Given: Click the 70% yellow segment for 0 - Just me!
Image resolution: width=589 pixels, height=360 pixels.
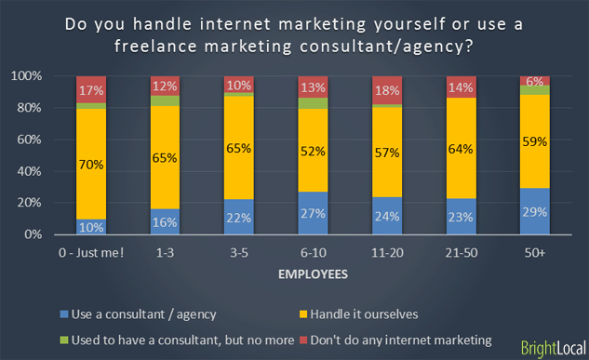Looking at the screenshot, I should pyautogui.click(x=91, y=164).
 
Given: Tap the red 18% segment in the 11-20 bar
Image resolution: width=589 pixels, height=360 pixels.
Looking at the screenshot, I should pyautogui.click(x=388, y=90).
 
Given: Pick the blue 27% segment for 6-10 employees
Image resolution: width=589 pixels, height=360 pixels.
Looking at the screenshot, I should pyautogui.click(x=314, y=213).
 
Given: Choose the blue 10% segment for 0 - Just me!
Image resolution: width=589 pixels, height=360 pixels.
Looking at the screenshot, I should pyautogui.click(x=91, y=227).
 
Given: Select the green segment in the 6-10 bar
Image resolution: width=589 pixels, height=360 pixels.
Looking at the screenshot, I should pyautogui.click(x=314, y=102).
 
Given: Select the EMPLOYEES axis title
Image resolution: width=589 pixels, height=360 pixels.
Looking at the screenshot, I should pyautogui.click(x=314, y=275).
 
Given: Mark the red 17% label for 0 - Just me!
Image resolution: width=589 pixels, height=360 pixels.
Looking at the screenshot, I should pyautogui.click(x=91, y=90).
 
